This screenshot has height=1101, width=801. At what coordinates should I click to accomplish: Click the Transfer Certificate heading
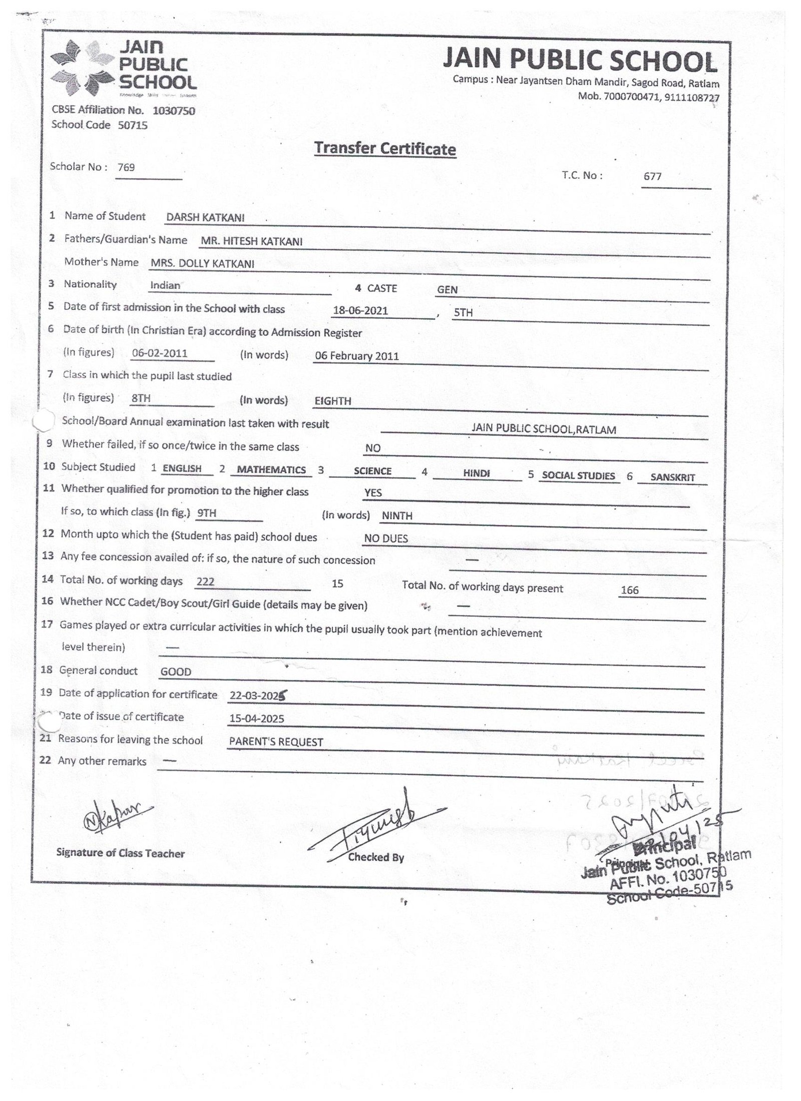pos(384,149)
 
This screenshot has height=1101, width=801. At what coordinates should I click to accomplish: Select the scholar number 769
pos(126,168)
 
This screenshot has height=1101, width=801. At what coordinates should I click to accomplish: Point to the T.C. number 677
pos(653,177)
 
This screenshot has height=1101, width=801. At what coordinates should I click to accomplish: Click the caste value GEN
pos(447,290)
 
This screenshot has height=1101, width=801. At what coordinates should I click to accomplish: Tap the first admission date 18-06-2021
pos(360,311)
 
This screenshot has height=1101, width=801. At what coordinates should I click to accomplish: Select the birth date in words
pos(356,356)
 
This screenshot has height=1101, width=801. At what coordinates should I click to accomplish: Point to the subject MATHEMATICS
pos(271,470)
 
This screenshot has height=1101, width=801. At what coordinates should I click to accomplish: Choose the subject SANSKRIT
pos(672,477)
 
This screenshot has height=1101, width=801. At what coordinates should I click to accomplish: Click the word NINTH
pos(397,516)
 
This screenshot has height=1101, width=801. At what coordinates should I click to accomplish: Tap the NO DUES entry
pos(386,539)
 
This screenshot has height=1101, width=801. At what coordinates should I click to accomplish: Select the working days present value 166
pos(629,591)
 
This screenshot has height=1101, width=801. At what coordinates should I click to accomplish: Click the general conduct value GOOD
pos(176,672)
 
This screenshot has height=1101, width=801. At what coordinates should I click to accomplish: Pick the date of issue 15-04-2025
pos(256,719)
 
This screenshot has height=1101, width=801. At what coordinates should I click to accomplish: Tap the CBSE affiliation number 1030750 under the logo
pos(174,111)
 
